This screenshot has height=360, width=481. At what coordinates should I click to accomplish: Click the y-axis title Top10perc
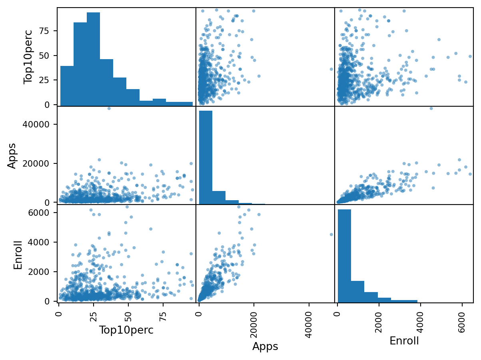[x=28, y=57]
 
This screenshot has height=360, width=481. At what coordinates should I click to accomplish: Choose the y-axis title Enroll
[x=18, y=253]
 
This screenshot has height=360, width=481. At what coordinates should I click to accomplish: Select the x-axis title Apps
[x=265, y=346]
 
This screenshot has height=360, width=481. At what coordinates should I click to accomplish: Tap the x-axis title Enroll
[x=404, y=341]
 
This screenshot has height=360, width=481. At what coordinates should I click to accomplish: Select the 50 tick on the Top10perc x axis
[x=128, y=314]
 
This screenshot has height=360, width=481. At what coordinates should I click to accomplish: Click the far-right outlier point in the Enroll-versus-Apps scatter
[x=331, y=235]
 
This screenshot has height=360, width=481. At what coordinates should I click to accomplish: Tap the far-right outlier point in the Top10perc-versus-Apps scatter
[x=331, y=69]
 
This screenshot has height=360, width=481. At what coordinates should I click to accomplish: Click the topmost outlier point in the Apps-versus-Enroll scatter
[x=431, y=108]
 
